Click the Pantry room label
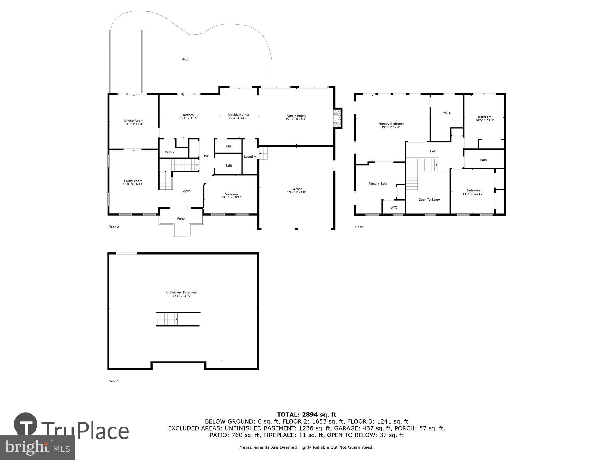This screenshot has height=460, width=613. pyautogui.click(x=169, y=152)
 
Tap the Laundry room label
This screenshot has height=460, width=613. pyautogui.click(x=249, y=157)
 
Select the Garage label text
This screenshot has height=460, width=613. pyautogui.click(x=297, y=189)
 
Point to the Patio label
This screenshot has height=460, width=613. pyautogui.click(x=186, y=59)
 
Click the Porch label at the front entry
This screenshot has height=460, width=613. pyautogui.click(x=181, y=219)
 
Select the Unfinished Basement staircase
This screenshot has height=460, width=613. pyautogui.click(x=167, y=319)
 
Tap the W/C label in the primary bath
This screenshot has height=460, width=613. pyautogui.click(x=394, y=208)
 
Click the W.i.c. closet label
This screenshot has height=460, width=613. pyautogui.click(x=447, y=113)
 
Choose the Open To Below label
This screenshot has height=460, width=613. pyautogui.click(x=429, y=200)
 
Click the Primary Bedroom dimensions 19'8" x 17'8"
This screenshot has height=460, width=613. pyautogui.click(x=391, y=127)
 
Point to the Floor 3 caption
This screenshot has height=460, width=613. pyautogui.click(x=360, y=227)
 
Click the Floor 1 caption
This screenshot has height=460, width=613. pyautogui.click(x=113, y=381)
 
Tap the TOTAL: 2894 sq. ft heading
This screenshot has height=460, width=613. pyautogui.click(x=306, y=415)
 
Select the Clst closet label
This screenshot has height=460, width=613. pyautogui.click(x=229, y=146)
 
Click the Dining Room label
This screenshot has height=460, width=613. pyautogui.click(x=134, y=121)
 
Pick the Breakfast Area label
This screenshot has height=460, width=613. pyautogui.click(x=238, y=115)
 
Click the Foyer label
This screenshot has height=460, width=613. pyautogui.click(x=185, y=191)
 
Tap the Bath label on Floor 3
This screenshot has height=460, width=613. pyautogui.click(x=483, y=160)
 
